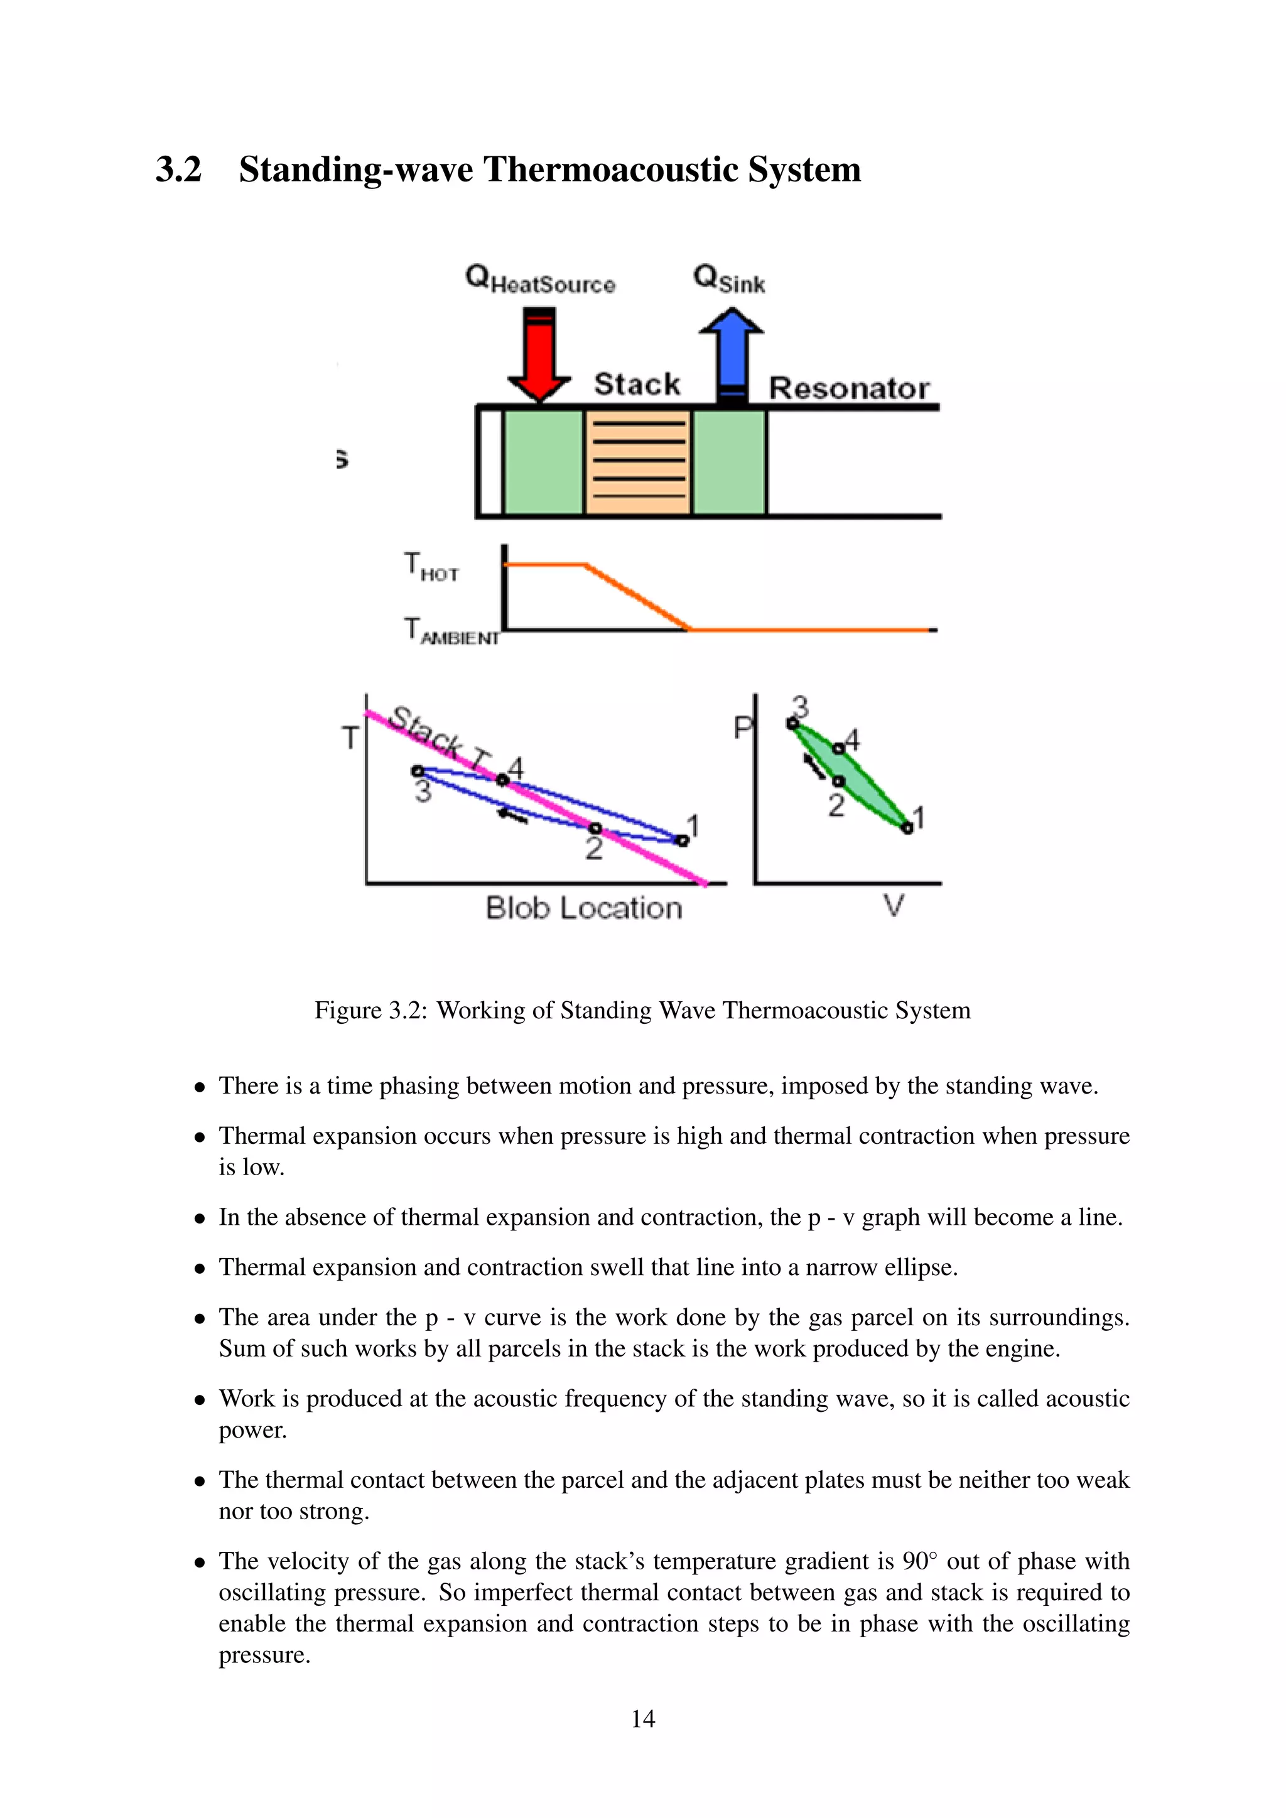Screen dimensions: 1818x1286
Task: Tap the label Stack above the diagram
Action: [637, 384]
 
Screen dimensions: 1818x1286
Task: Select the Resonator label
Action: [848, 388]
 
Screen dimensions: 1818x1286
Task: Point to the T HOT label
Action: [431, 567]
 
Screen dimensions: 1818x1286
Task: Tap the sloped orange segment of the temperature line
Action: [637, 597]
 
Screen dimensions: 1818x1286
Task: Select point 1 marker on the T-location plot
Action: [683, 840]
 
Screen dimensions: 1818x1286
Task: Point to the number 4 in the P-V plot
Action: [852, 740]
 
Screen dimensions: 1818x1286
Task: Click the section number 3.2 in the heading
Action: [178, 169]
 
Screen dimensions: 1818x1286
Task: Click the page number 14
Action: [642, 1718]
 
